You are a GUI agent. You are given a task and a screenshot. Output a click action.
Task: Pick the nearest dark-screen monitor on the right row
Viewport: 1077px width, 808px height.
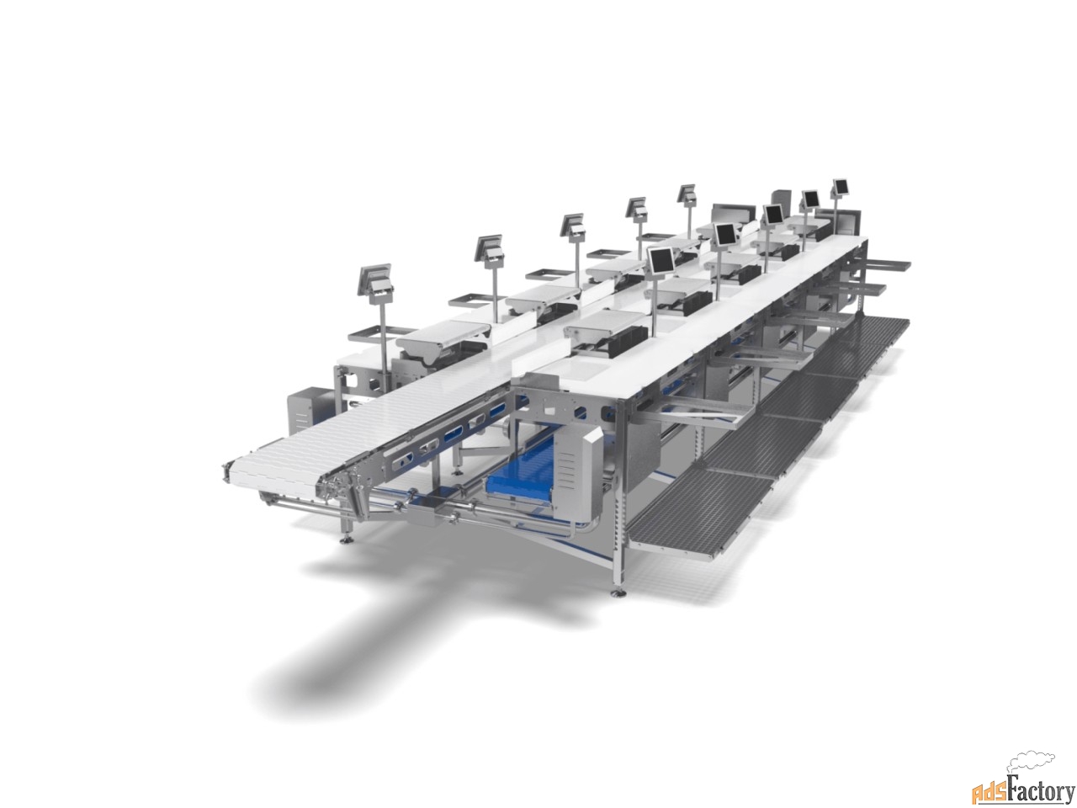pyautogui.click(x=660, y=261)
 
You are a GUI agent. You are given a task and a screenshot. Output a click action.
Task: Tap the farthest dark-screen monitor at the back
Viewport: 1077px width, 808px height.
pyautogui.click(x=840, y=187)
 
